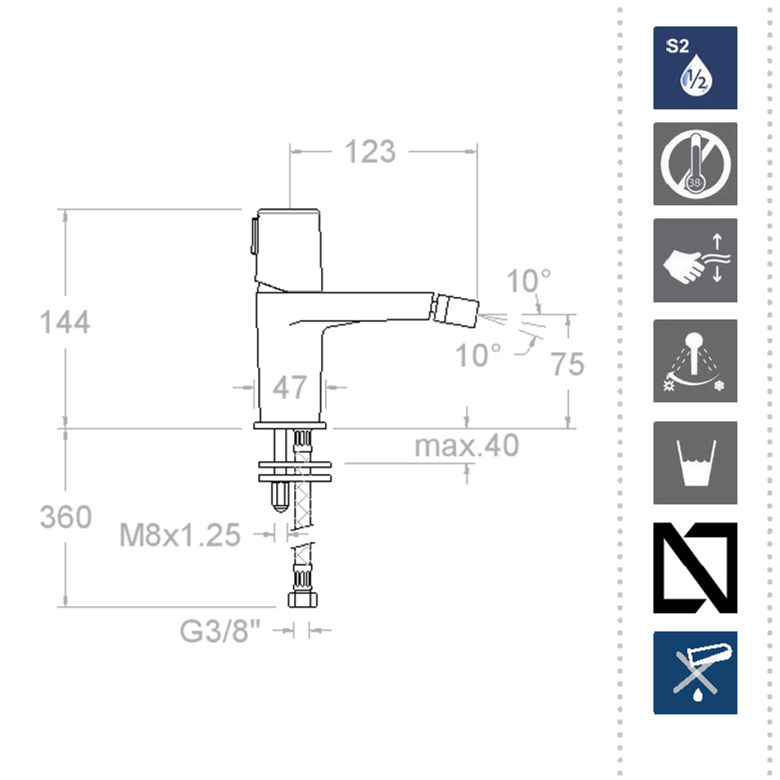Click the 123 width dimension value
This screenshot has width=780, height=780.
[x=370, y=152]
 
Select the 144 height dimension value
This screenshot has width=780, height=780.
[x=66, y=321]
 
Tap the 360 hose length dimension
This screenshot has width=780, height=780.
[x=66, y=516]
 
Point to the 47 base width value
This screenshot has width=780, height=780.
[x=290, y=387]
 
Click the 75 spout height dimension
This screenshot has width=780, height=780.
[x=567, y=363]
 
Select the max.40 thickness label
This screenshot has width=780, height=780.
[x=466, y=446]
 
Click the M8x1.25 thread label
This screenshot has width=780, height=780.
[x=179, y=535]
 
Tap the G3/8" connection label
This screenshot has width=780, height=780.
[x=219, y=631]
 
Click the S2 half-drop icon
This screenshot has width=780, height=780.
[x=695, y=68]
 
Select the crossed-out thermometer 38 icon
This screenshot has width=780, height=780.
[x=695, y=165]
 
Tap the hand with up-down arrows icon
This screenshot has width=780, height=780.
[x=695, y=261]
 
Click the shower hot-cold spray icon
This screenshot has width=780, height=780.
[x=695, y=361]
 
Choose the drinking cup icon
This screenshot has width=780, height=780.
[x=695, y=463]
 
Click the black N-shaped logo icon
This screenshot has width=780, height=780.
[x=695, y=567]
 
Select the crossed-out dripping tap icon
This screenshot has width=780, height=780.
[x=695, y=672]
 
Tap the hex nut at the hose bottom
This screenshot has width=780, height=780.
[x=302, y=600]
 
